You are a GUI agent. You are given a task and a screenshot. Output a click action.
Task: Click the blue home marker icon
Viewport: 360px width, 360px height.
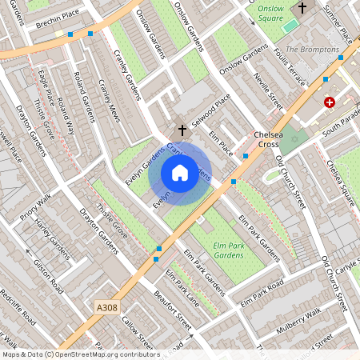tap(180, 172)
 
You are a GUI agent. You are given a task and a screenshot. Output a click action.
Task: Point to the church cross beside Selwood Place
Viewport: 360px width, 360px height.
tap(182, 128)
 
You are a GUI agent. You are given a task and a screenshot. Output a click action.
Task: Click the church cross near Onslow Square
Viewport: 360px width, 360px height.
tap(302, 8)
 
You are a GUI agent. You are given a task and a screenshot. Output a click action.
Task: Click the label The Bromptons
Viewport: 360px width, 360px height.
tap(312, 50)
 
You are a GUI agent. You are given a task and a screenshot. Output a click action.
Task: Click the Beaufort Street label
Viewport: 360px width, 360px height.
tap(174, 312)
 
